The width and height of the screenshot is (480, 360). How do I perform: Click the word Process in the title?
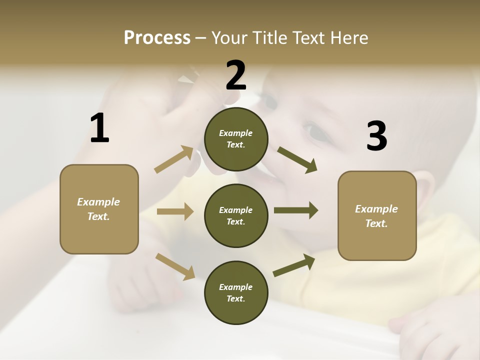pos(157,38)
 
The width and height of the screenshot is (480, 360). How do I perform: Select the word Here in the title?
pos(349,38)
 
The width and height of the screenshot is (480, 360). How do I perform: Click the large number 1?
pos(99,128)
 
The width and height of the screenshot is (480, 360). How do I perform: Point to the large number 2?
pos(236,75)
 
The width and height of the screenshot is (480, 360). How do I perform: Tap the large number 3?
pos(377,136)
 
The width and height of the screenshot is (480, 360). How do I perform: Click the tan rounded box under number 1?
pos(99,209)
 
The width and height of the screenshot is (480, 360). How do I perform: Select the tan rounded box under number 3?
pos(377,216)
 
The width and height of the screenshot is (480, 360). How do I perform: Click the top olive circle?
pos(236,139)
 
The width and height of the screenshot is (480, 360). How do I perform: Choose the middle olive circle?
pos(236,215)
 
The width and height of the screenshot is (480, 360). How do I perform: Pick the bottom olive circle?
pos(236,292)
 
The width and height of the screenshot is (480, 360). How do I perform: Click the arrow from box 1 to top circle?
pos(174,159)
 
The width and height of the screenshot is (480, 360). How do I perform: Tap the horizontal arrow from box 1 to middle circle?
pos(175,211)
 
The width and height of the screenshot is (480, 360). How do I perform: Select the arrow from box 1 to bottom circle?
pos(175,266)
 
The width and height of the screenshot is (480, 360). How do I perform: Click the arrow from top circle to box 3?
pos(297,159)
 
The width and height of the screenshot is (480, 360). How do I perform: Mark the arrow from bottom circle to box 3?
pos(294,265)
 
